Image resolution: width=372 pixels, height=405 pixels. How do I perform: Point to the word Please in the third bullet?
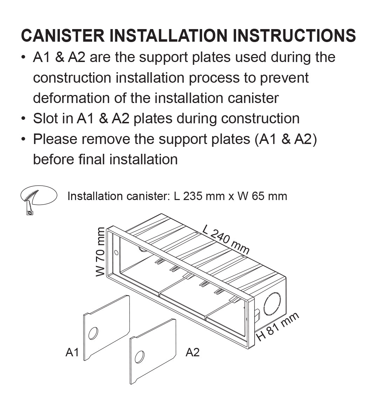(55, 139)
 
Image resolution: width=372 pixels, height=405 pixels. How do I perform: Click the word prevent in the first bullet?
(284, 77)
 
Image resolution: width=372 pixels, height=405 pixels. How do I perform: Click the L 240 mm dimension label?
(226, 239)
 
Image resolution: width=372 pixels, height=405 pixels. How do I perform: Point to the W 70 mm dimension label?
(101, 252)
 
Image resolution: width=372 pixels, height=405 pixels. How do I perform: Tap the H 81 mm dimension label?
(278, 326)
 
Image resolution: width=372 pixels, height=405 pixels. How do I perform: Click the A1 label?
(72, 352)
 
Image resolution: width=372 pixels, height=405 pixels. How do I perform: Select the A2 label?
(192, 352)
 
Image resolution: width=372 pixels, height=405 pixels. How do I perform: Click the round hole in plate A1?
(93, 333)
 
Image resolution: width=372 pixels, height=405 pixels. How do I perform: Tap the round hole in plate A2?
(139, 357)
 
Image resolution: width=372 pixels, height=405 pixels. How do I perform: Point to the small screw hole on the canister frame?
(116, 253)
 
